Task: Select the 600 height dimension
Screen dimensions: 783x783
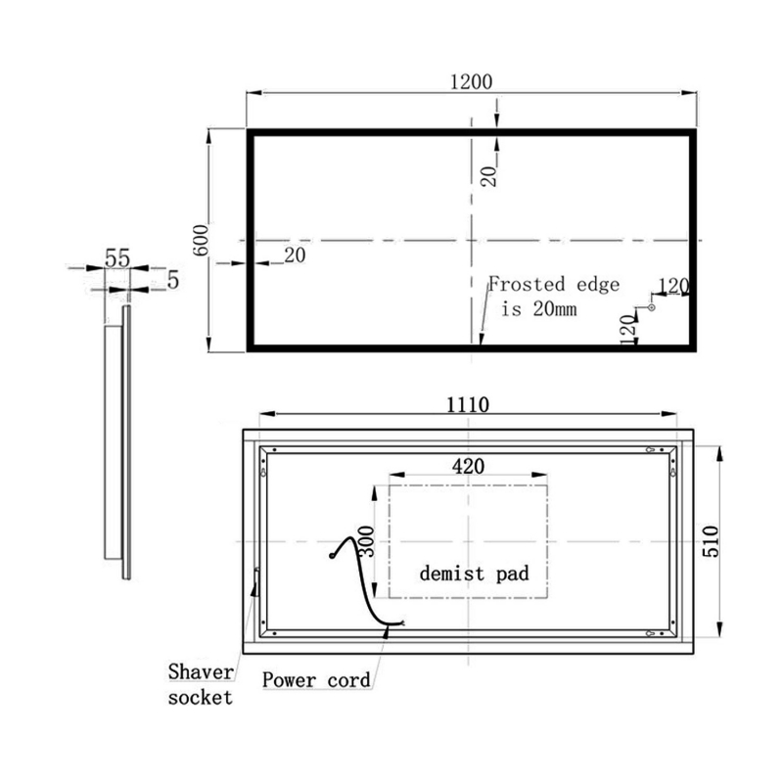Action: pos(203,241)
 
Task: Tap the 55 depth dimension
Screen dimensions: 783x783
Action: pos(117,258)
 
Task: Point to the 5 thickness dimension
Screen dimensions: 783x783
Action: pos(173,280)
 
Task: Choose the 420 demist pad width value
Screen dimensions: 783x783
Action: pos(468,466)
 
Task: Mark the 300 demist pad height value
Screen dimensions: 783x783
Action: pos(366,539)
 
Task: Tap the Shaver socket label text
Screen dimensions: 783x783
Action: pos(200,684)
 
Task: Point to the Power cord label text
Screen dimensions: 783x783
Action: pos(316,679)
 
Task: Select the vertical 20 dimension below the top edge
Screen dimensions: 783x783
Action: pos(489,174)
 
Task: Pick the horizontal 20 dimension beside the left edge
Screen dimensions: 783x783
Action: pos(294,254)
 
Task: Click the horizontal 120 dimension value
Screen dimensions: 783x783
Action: pos(673,286)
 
